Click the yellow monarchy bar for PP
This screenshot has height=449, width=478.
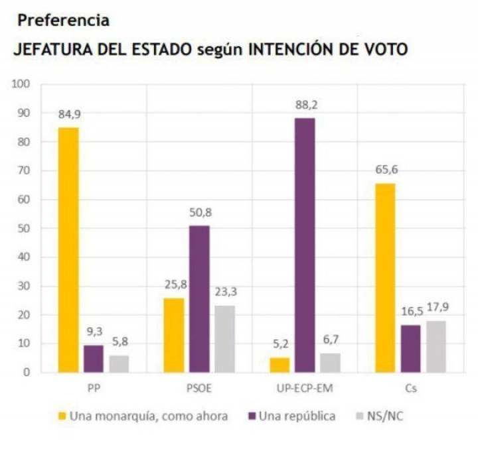[68, 249]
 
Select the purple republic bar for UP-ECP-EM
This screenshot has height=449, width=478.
[305, 245]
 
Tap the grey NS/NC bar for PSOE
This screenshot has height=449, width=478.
[224, 338]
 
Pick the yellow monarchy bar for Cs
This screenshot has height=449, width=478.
[384, 277]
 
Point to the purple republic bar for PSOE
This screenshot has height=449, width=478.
[199, 298]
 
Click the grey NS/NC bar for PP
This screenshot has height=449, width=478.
[119, 363]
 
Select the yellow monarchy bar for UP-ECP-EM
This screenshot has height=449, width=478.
[279, 365]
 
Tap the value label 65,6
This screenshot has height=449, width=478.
[384, 169]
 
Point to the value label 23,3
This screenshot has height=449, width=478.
[224, 291]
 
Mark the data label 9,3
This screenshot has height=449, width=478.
[94, 331]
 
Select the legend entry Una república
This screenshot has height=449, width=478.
[296, 416]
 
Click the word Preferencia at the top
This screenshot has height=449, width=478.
[64, 21]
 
